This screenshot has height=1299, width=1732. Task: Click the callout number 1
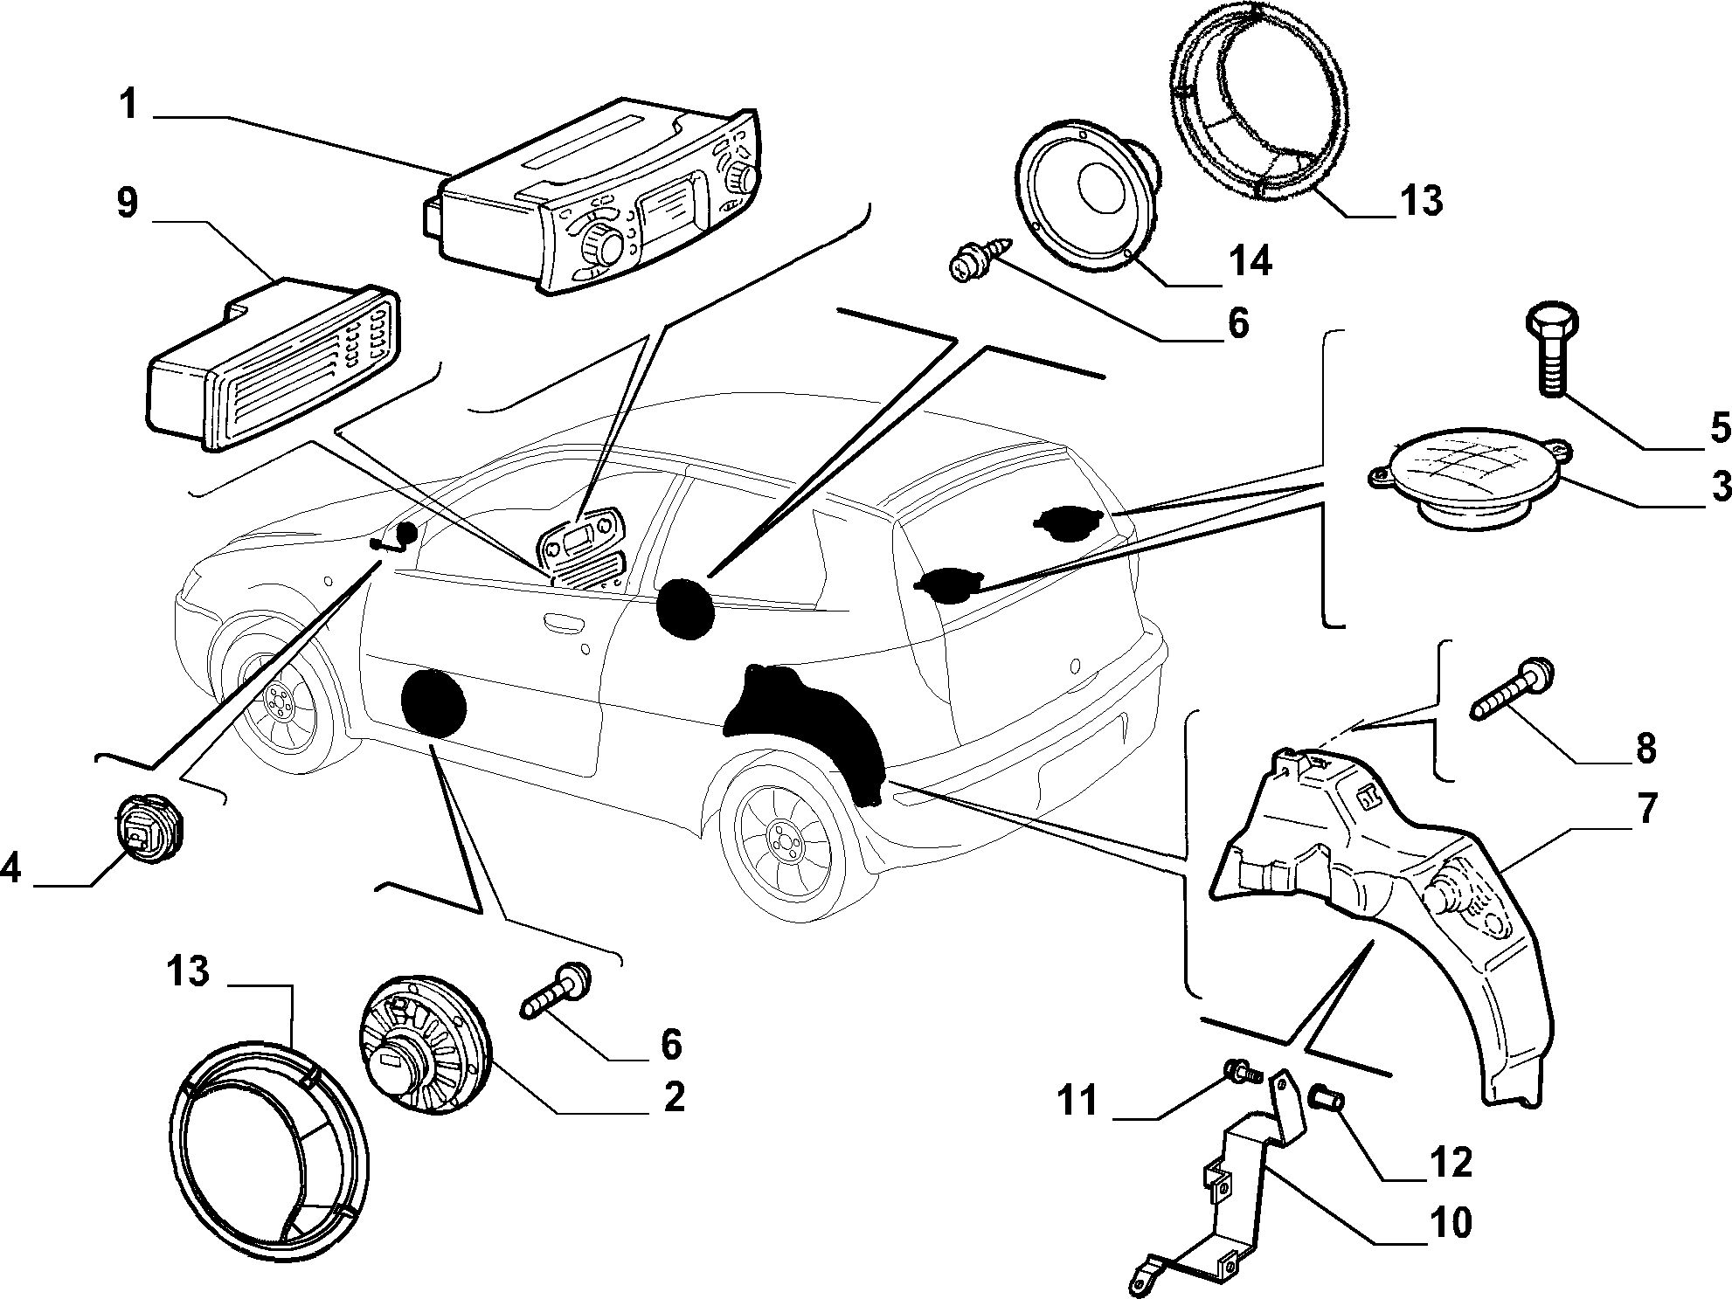[x=128, y=104]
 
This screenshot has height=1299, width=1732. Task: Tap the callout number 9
[x=128, y=203]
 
